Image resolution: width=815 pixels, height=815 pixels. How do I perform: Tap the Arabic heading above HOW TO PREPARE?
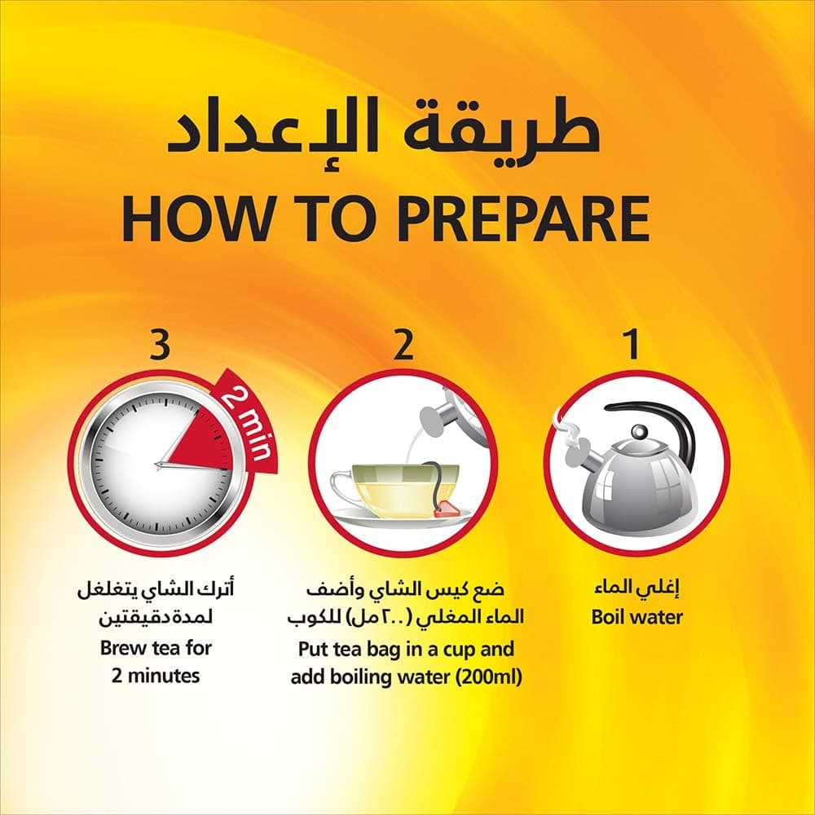click(383, 130)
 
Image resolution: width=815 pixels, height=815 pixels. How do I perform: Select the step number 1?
click(632, 344)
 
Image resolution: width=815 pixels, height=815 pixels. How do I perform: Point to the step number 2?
click(403, 344)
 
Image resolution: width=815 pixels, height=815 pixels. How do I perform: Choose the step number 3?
click(160, 344)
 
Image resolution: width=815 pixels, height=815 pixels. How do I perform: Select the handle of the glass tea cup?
click(343, 487)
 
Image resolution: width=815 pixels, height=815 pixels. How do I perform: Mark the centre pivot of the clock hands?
click(158, 465)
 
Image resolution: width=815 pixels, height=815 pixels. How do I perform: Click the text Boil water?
click(637, 618)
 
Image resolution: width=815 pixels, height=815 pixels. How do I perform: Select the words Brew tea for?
click(156, 648)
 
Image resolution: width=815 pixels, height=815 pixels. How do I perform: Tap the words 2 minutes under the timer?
click(156, 676)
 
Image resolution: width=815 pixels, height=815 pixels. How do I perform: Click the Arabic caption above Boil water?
click(637, 588)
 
